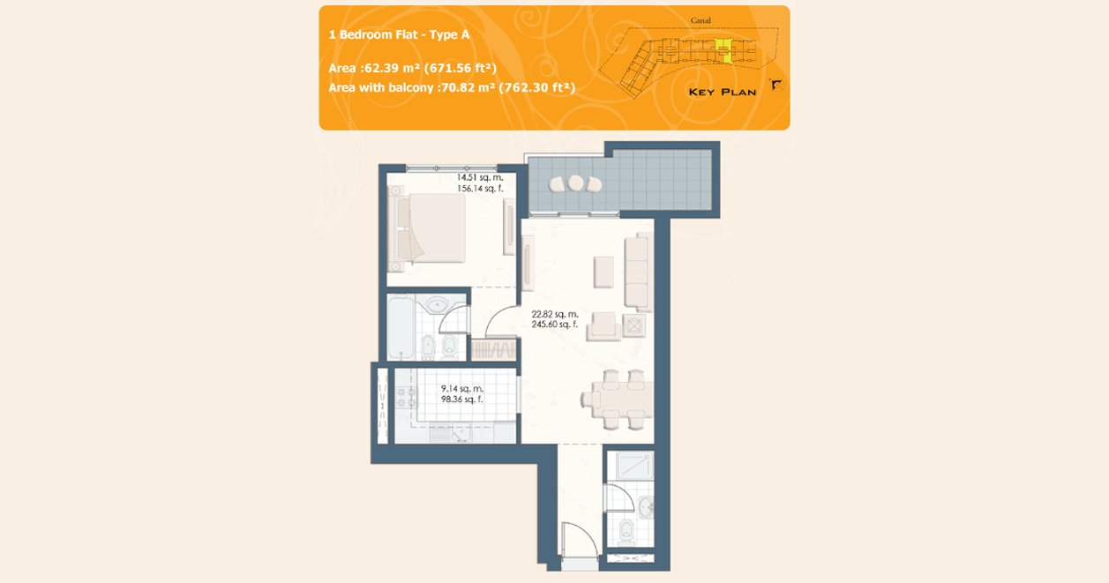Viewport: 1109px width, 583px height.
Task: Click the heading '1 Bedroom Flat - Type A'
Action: point(399,34)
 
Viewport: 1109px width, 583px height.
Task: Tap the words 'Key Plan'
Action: point(723,92)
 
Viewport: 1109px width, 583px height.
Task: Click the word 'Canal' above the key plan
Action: point(701,20)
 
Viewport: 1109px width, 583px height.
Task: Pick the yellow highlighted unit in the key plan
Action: point(723,51)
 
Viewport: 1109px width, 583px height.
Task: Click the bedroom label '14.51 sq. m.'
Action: point(480,177)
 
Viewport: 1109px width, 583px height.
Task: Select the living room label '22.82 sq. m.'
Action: point(555,314)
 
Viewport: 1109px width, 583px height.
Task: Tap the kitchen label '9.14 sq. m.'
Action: point(462,389)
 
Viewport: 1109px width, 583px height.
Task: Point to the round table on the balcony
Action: point(575,183)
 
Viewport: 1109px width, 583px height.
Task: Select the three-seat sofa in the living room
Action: point(638,272)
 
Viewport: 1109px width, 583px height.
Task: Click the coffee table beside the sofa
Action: point(603,272)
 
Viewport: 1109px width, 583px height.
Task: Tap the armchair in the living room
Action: point(603,326)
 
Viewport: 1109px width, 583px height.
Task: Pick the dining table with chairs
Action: point(618,400)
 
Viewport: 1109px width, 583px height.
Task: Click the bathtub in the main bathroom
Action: point(401,327)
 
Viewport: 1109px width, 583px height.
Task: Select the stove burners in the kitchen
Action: point(407,398)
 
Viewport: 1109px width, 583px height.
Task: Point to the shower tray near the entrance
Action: point(634,465)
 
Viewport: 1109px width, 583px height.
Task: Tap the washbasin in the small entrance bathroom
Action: point(646,506)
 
